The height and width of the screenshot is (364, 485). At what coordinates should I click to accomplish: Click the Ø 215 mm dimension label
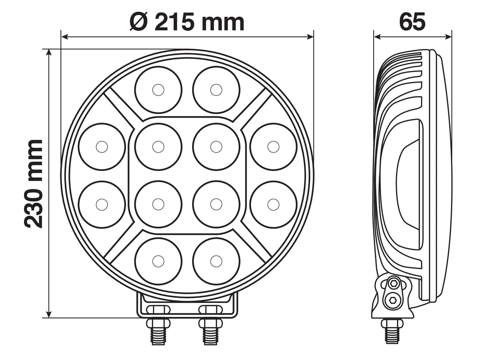187,22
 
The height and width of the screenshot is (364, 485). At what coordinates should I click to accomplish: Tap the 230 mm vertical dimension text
34,184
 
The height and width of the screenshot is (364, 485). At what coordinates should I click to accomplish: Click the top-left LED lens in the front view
158,90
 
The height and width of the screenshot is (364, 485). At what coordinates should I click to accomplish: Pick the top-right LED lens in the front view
216,90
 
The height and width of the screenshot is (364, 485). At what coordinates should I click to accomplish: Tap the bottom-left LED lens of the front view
158,261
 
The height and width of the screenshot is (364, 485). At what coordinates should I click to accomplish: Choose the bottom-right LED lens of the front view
216,261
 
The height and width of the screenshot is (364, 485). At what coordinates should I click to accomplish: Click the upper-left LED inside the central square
158,147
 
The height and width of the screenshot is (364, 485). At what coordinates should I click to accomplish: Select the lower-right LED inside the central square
216,204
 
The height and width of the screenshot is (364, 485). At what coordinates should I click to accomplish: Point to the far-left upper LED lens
102,147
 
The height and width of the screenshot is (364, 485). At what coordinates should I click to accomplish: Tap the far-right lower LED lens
273,204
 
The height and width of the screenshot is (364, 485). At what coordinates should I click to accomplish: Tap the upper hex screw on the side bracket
393,283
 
